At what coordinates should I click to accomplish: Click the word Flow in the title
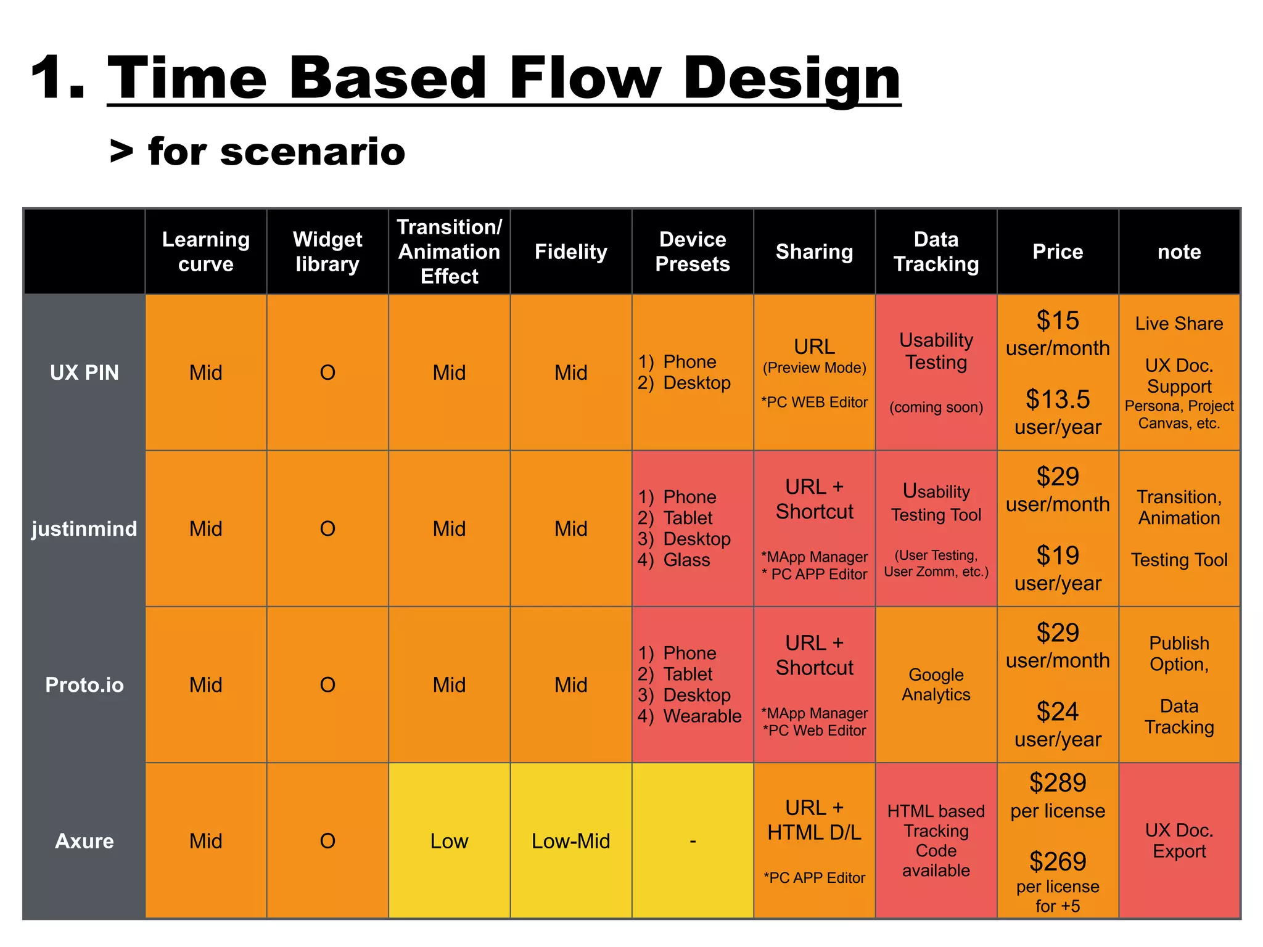[x=584, y=78]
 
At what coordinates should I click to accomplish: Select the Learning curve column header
[x=205, y=252]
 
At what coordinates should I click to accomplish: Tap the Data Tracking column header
[x=936, y=252]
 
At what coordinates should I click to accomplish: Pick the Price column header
[x=1057, y=252]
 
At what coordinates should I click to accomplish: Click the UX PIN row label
[x=84, y=372]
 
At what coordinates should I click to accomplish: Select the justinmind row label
[x=84, y=528]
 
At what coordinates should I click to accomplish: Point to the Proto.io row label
[x=84, y=685]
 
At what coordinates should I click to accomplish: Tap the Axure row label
[x=84, y=841]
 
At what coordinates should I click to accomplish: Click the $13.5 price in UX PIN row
[x=1057, y=400]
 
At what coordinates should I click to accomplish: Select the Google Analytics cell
[x=936, y=684]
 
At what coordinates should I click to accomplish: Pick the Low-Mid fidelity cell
[x=570, y=841]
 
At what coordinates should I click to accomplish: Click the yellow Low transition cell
[x=449, y=841]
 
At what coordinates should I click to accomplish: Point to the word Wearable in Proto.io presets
[x=702, y=716]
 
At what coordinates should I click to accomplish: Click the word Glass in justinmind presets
[x=686, y=560]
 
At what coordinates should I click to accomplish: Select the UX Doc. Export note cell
[x=1179, y=841]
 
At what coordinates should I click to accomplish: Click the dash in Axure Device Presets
[x=693, y=841]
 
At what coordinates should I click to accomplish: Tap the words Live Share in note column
[x=1179, y=324]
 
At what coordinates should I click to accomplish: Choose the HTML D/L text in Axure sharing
[x=814, y=833]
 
